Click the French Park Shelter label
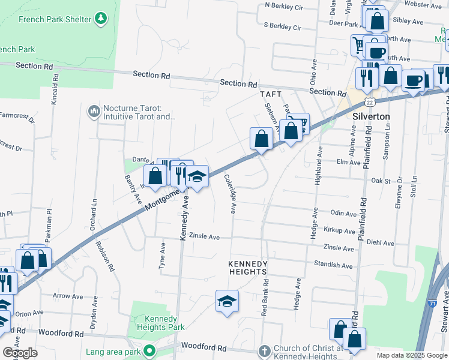[x=55, y=19]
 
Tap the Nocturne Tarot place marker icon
[x=94, y=112]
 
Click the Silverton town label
[x=372, y=116]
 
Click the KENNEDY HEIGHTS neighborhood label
[x=247, y=268]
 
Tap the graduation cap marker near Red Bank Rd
[x=227, y=301]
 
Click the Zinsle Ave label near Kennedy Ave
[x=205, y=236]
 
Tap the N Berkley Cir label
[x=284, y=7]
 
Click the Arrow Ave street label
[x=68, y=296]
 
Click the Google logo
[x=20, y=352]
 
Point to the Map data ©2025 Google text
[x=411, y=355]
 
